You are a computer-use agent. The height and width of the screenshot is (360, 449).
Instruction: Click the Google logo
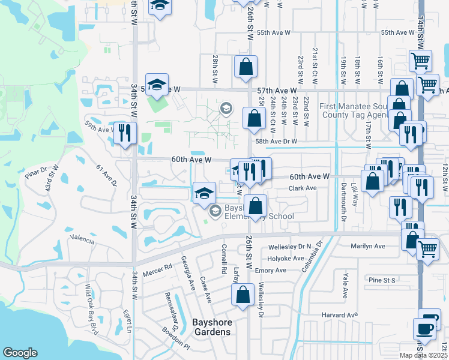pyautogui.click(x=20, y=353)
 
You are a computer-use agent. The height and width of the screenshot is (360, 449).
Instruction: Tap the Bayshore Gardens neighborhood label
pyautogui.click(x=211, y=327)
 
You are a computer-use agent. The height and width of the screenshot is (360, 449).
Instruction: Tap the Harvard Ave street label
pyautogui.click(x=339, y=314)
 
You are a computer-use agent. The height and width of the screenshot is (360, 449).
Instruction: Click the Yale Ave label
pyautogui.click(x=345, y=285)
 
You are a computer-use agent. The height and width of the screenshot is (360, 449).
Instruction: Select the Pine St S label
pyautogui.click(x=382, y=280)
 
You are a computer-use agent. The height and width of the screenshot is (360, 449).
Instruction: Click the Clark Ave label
pyautogui.click(x=303, y=188)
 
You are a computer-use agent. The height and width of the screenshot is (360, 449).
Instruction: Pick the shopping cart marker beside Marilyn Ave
pyautogui.click(x=427, y=248)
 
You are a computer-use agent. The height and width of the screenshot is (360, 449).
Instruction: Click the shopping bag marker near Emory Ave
pyautogui.click(x=243, y=295)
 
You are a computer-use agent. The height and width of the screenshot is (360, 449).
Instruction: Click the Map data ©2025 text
pyautogui.click(x=423, y=355)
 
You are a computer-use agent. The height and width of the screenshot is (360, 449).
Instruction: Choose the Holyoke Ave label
pyautogui.click(x=288, y=259)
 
